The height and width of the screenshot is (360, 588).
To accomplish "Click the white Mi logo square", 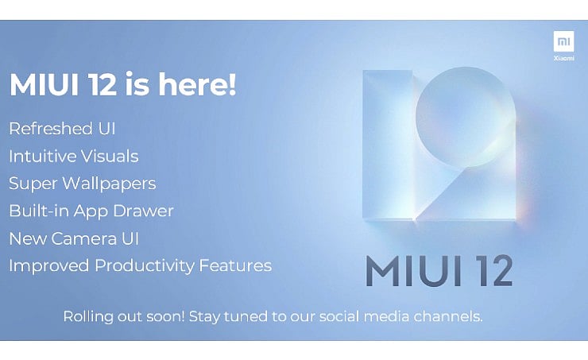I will click(564, 41).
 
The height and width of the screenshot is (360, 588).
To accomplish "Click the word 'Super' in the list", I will click(30, 184).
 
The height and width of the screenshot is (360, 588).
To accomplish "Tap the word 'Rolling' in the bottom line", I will click(86, 316).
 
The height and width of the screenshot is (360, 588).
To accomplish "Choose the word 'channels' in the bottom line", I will click(450, 316).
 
